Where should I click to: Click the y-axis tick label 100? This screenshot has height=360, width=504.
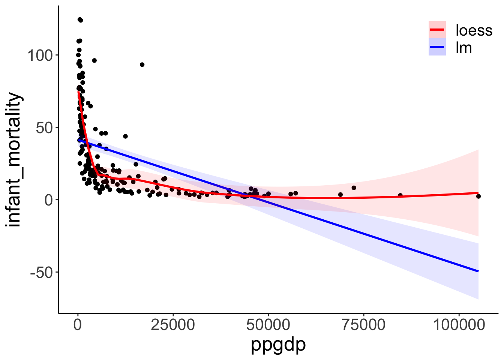point(39,55)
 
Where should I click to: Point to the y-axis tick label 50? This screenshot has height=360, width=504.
point(44,128)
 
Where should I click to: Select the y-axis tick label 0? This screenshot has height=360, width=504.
point(49,200)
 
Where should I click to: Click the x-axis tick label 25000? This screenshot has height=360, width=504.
point(173,325)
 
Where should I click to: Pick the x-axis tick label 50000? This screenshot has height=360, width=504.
point(268,325)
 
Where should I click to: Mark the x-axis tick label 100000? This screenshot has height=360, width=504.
point(459,325)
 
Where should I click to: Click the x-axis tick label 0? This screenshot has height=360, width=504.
point(78,325)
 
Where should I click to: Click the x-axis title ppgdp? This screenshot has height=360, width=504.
point(278,344)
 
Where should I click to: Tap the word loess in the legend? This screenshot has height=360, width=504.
point(474,30)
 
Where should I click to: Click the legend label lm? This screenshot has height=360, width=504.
point(463,48)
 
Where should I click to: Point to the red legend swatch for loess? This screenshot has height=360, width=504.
point(437,30)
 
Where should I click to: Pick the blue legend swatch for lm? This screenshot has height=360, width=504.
point(437,47)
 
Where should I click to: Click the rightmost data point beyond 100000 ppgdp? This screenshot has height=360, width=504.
point(478,196)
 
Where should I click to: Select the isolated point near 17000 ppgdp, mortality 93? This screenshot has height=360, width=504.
point(142,64)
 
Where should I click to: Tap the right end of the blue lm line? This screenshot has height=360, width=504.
point(478,271)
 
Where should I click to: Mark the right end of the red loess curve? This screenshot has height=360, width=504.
point(478,193)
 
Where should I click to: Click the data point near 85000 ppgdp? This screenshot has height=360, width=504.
point(400,195)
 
